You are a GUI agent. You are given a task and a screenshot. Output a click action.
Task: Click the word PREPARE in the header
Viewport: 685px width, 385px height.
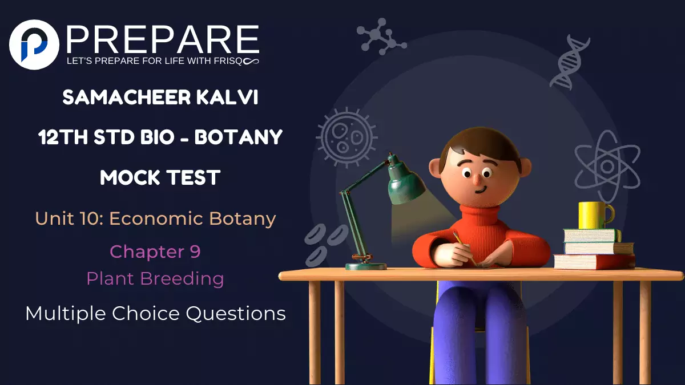pos(163,39)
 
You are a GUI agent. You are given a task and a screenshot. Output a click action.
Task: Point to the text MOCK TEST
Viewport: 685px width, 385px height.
pos(160,177)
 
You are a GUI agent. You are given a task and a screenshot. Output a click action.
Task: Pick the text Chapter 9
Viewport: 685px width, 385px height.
pos(155,251)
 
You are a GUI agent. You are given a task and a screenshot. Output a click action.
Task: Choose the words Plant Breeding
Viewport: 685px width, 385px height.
pos(155,279)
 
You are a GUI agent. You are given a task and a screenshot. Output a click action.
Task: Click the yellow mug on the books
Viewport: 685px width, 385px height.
pos(594,216)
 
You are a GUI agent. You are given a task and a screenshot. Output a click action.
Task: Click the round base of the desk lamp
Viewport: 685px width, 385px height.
pos(366,266)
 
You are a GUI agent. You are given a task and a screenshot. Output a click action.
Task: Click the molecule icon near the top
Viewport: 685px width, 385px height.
pos(380,38)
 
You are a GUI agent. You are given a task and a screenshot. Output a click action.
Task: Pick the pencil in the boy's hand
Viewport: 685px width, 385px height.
pos(465,248)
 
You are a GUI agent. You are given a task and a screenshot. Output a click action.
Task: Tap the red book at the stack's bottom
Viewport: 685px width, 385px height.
pos(594,261)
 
